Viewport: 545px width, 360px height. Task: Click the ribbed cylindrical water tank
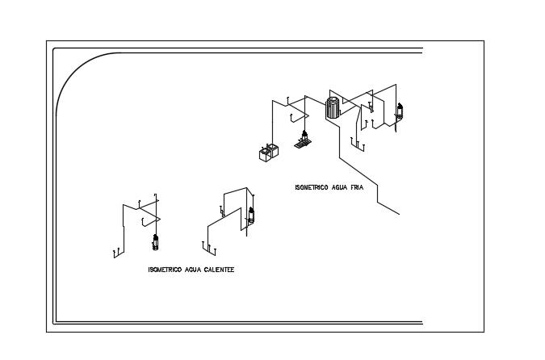[332, 108]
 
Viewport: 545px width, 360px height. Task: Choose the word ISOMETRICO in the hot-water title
[166, 270]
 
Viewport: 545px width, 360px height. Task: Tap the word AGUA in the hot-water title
[192, 270]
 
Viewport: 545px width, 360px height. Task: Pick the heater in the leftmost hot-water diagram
[157, 243]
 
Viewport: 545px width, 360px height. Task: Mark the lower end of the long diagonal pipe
[399, 214]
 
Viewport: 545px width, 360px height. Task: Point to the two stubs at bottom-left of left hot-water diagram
[118, 252]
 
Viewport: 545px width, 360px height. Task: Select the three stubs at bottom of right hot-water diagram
[207, 248]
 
